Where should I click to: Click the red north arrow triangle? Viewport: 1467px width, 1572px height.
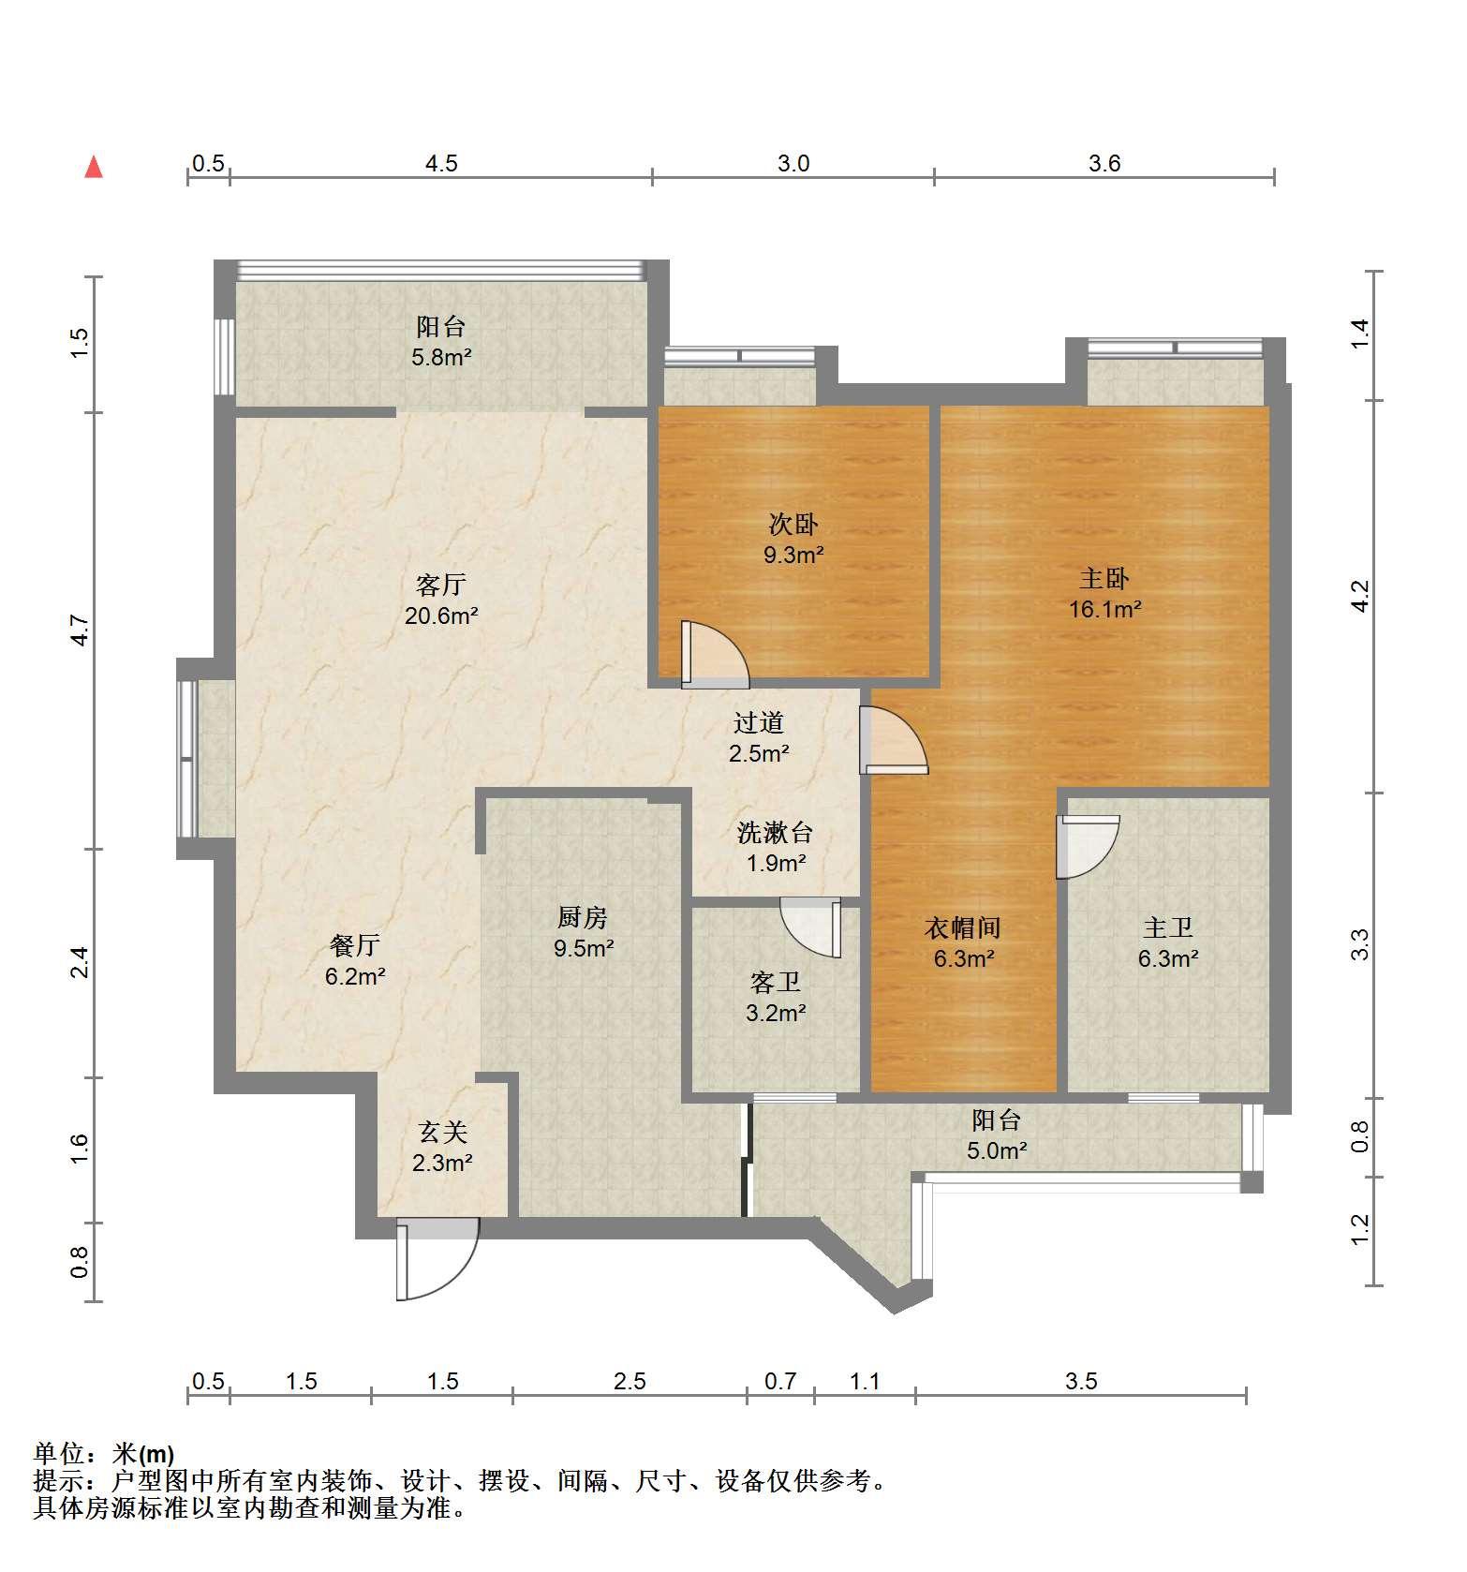(94, 168)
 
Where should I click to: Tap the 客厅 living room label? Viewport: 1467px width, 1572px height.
(440, 585)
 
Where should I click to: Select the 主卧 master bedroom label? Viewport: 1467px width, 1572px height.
(1104, 578)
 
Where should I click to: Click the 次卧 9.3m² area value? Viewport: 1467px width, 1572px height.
(793, 555)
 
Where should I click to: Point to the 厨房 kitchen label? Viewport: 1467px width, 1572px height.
(583, 917)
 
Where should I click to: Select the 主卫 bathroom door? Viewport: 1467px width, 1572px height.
(1087, 847)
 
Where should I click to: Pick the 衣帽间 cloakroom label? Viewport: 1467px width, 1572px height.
(963, 927)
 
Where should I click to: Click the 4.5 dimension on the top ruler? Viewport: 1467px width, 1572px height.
(441, 164)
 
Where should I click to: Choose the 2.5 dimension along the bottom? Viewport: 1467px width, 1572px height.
(630, 1381)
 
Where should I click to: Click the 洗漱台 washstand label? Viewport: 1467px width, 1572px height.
(775, 832)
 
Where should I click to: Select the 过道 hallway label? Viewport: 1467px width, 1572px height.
(759, 722)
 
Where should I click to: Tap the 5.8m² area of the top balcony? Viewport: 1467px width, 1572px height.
(441, 357)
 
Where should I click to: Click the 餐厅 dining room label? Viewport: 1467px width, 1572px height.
(355, 945)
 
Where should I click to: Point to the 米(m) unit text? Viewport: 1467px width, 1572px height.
(143, 1454)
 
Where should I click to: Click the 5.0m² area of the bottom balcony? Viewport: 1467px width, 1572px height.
(997, 1150)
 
